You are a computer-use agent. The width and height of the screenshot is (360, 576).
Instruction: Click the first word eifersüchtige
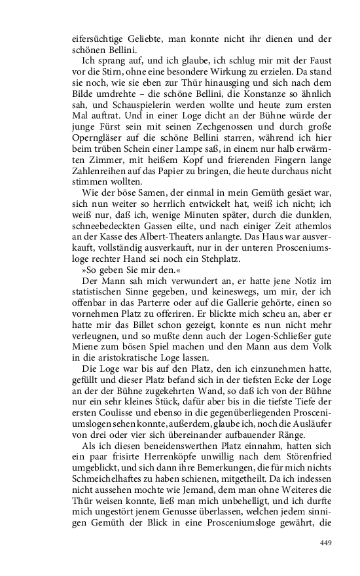pos(99,38)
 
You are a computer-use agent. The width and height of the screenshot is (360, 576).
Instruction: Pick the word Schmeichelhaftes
pos(108,488)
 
